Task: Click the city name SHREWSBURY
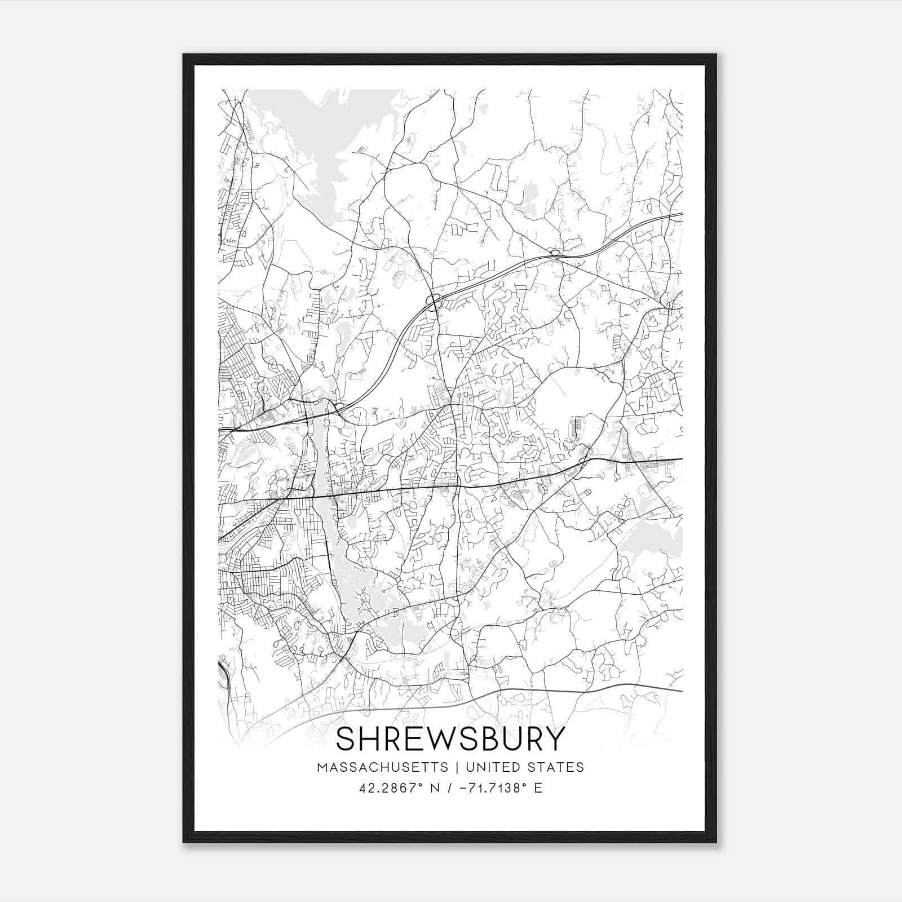coord(450,739)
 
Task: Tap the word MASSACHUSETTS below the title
coord(383,767)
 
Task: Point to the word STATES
coord(556,767)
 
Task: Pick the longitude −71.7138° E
coord(501,788)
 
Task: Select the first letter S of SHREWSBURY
coord(345,739)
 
